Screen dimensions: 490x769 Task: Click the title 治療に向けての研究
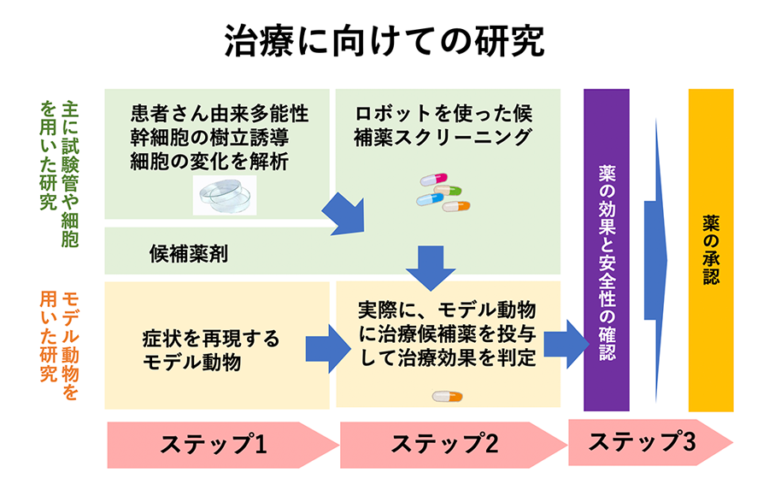[384, 40]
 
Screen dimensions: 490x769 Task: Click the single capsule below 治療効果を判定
[447, 396]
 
